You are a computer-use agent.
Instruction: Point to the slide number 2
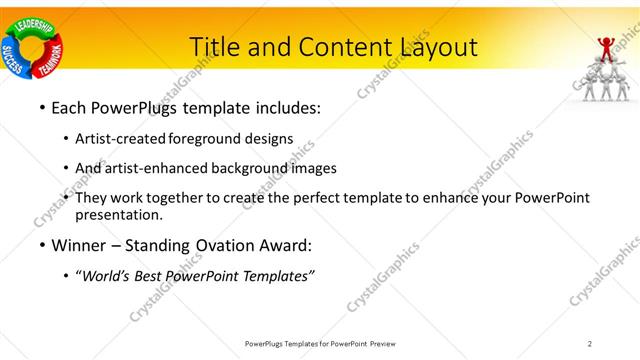(590, 343)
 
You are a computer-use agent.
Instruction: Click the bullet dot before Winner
(41, 245)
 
